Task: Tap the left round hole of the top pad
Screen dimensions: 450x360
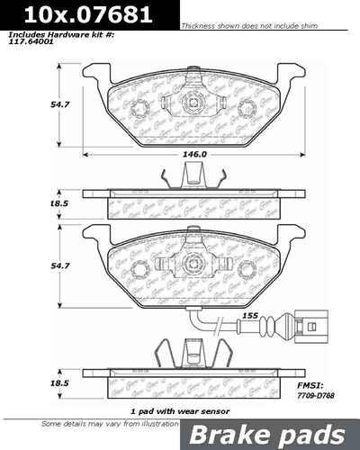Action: pyautogui.click(x=139, y=110)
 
